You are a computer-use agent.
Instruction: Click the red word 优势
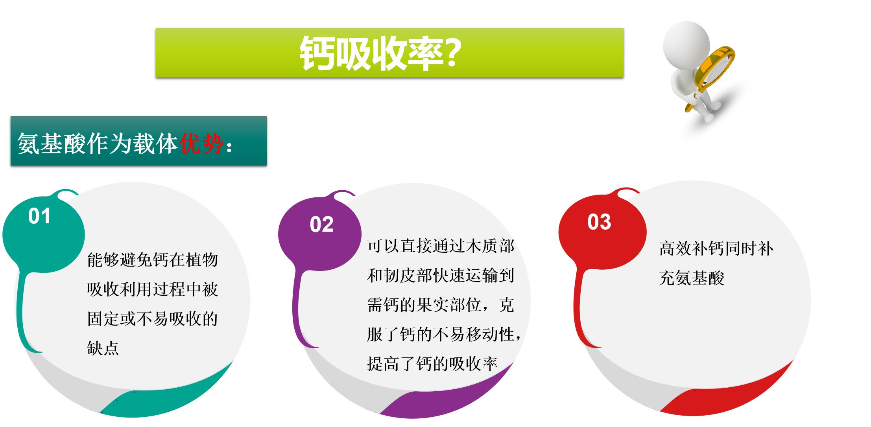click(201, 143)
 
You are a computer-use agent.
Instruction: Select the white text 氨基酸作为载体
click(98, 143)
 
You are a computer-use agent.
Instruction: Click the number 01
click(39, 216)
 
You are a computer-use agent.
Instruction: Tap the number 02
click(321, 225)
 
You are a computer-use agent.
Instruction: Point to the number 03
click(599, 222)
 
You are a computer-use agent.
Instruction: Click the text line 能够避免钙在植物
click(153, 260)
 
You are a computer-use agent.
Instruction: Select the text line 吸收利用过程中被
click(153, 289)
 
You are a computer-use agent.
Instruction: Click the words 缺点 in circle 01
click(103, 348)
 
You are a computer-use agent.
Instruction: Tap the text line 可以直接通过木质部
click(441, 247)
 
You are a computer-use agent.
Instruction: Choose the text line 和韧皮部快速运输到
click(441, 276)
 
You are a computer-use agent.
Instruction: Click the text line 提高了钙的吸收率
click(432, 364)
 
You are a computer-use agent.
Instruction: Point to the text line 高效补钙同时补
click(716, 249)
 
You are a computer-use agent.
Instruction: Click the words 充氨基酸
click(692, 278)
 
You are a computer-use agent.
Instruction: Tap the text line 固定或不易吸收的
click(153, 319)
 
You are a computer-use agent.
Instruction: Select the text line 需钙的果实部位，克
click(441, 305)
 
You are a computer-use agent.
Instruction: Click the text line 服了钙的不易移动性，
click(444, 335)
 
